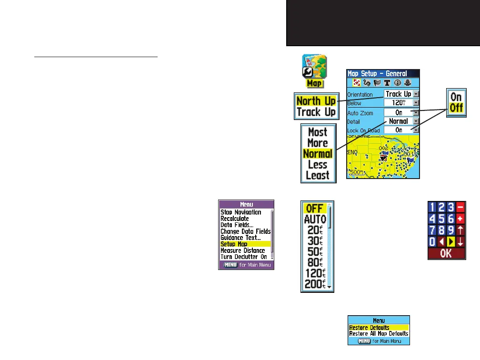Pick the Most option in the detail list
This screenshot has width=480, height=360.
click(318, 132)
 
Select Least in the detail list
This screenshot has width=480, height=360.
click(318, 175)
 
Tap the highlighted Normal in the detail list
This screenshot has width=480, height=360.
click(318, 154)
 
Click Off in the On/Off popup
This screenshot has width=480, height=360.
click(456, 108)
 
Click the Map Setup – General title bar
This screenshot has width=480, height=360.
click(383, 73)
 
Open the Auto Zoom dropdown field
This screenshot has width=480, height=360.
click(401, 112)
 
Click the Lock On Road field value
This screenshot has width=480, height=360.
click(401, 130)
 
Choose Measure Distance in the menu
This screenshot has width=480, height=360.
click(243, 250)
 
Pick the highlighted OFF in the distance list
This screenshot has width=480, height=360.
click(315, 208)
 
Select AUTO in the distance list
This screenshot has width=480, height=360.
click(315, 220)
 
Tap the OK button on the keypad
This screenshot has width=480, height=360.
click(446, 253)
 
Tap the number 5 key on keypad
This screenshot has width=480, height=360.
click(443, 219)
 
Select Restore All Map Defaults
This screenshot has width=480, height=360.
click(379, 333)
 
